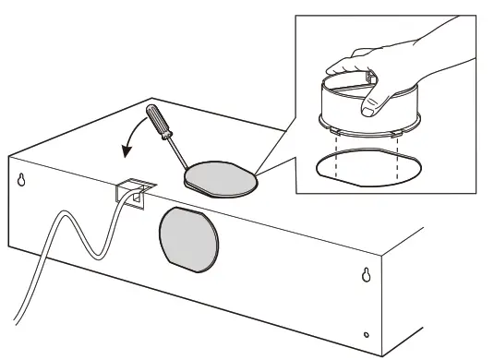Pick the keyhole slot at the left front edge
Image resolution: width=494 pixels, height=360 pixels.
21,181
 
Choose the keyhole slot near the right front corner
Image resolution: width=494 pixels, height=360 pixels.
367,275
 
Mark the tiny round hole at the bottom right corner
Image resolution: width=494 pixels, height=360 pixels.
367,333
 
